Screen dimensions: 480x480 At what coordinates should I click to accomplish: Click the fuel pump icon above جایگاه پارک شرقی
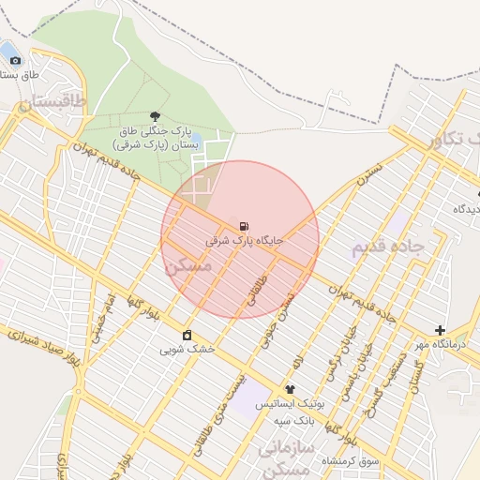[245, 226]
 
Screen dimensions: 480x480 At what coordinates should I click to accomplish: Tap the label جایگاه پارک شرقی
[245, 241]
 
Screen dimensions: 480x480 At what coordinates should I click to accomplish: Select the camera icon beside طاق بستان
[15, 61]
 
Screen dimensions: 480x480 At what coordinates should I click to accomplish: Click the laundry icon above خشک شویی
[187, 335]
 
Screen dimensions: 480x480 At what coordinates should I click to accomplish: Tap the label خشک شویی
[187, 349]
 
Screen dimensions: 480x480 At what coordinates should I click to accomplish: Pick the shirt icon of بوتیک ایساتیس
[290, 389]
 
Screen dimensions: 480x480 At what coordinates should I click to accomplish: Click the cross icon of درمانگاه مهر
[440, 330]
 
